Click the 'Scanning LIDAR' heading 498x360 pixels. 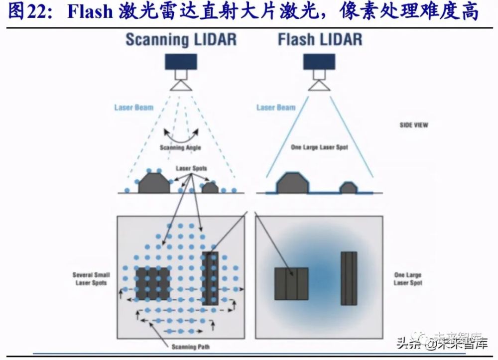[x=181, y=40]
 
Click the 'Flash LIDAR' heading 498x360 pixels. [x=320, y=40]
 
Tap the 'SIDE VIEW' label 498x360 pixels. [x=414, y=124]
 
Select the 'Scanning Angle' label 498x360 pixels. [x=180, y=147]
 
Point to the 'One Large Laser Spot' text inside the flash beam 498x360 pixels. [x=319, y=147]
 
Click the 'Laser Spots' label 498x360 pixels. [x=191, y=169]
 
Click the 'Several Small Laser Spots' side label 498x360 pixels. [x=91, y=279]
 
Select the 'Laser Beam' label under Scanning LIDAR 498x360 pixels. [x=133, y=107]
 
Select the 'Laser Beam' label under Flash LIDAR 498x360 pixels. [x=276, y=107]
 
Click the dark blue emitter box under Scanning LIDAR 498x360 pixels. [x=181, y=62]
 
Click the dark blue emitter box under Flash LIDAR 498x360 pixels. [x=319, y=62]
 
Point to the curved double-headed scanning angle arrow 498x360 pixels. [x=180, y=134]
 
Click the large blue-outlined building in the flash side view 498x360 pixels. [x=291, y=183]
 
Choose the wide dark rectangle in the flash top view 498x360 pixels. [x=291, y=284]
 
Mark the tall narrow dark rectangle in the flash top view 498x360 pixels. [x=349, y=277]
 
